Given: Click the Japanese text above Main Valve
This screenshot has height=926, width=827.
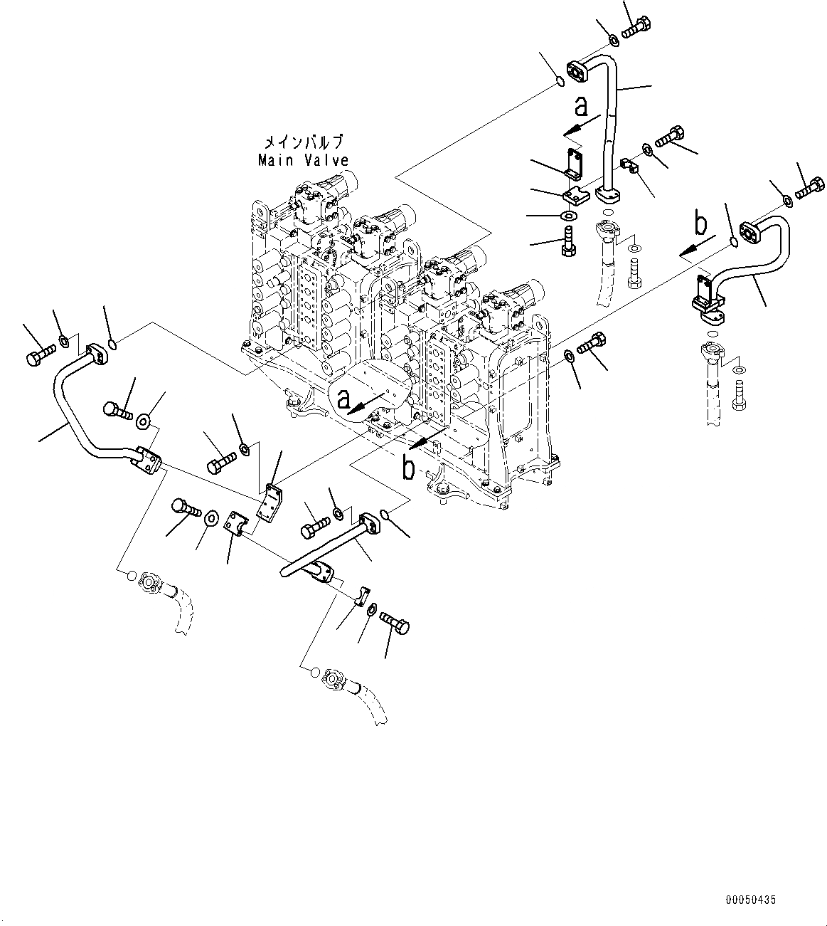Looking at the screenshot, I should tap(304, 142).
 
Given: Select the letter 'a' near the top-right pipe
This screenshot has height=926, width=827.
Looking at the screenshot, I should tap(582, 107).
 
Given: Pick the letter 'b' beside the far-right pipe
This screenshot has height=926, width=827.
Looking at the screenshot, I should tap(700, 225).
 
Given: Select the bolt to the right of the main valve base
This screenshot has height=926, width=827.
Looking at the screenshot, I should tap(591, 344).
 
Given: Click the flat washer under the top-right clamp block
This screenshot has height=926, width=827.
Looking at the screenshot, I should tap(568, 216).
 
